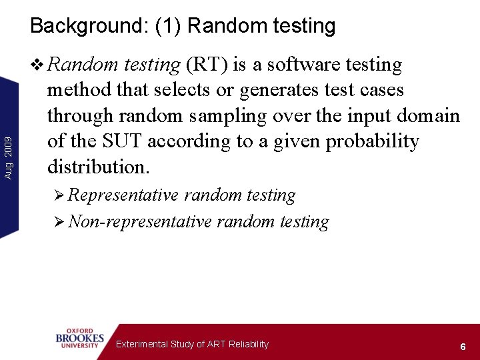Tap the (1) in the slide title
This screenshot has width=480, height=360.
tap(169, 26)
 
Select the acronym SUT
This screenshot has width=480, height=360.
tap(122, 141)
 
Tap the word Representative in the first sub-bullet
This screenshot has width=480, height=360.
tap(123, 195)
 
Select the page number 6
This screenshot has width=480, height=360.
tap(462, 347)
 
